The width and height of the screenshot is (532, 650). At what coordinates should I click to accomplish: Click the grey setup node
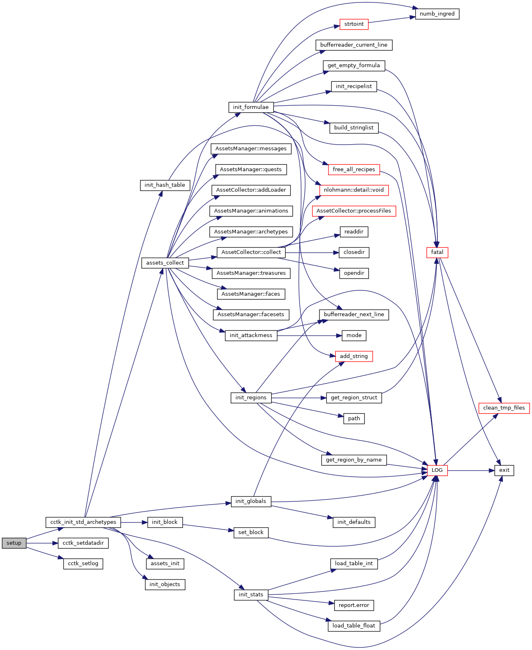tap(14, 543)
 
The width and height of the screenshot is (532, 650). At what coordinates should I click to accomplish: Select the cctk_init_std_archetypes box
tap(83, 522)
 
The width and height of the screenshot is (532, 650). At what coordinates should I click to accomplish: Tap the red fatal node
tap(437, 252)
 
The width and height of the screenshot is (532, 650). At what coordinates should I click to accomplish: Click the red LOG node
tap(437, 470)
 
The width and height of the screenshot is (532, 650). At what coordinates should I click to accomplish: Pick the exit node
tap(504, 470)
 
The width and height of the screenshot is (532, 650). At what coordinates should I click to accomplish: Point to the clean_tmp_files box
tap(504, 408)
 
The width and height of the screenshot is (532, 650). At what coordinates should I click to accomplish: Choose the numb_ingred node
tap(437, 14)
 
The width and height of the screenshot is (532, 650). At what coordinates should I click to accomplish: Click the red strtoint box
tap(354, 24)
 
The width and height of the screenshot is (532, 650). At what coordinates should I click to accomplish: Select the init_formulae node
tap(251, 107)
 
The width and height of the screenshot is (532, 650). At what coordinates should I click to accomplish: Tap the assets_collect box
tap(165, 263)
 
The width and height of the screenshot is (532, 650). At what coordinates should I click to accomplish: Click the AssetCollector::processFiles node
tap(354, 211)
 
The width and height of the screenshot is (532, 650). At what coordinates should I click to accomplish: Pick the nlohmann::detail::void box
tap(354, 190)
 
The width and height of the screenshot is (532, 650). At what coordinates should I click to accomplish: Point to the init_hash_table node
tap(165, 185)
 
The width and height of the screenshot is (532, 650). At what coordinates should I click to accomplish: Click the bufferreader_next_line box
tap(354, 315)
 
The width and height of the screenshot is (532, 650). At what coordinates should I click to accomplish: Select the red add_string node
tap(354, 356)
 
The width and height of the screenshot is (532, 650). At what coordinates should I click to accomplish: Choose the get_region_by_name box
tap(354, 460)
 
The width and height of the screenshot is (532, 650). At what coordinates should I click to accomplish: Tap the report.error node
tap(354, 605)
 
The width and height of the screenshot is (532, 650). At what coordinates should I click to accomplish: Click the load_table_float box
tap(354, 626)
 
